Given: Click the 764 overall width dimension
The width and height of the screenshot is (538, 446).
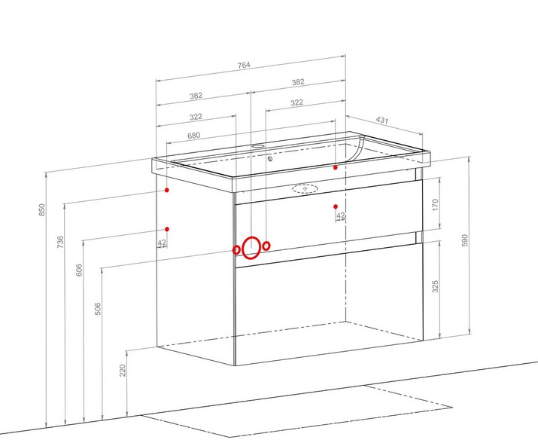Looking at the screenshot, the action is [244, 65].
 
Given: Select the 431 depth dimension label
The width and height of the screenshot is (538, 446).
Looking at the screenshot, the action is [382, 120].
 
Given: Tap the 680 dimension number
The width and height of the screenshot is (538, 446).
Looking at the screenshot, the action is [193, 136].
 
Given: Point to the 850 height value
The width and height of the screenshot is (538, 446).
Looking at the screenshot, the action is [41, 210].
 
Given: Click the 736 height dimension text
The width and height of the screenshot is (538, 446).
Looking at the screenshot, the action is [60, 242].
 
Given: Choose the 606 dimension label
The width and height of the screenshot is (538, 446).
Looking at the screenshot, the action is [79, 270].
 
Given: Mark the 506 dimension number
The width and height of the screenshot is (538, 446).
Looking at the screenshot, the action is [98, 309].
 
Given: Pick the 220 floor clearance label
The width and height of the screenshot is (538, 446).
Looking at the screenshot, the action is [123, 370].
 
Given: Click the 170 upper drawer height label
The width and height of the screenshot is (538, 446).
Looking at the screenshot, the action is [436, 205].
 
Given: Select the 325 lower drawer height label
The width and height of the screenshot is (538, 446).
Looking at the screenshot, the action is [436, 286].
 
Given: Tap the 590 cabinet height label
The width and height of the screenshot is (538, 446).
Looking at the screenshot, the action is [465, 240].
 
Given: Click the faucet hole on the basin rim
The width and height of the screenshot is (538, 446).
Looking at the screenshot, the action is [257, 145].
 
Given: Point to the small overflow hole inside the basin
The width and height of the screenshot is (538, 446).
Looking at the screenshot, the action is [270, 159].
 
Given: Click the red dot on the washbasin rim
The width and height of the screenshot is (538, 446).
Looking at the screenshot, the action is [336, 167].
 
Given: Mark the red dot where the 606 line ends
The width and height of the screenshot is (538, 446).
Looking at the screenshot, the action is [167, 229].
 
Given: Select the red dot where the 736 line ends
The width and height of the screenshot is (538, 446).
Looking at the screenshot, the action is [167, 190].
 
